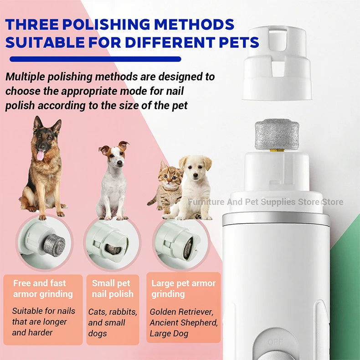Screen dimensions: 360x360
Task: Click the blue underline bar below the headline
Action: [x=95, y=59]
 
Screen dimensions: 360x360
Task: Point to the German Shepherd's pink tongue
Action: [x=40, y=155]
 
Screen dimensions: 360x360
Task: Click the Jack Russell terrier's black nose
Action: [x=119, y=163]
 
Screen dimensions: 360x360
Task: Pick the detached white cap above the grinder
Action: [x=277, y=63]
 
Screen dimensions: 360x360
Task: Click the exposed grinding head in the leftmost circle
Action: [x=54, y=245]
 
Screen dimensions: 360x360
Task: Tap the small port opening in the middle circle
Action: [x=113, y=249]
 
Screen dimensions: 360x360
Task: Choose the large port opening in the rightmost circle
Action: [x=188, y=248]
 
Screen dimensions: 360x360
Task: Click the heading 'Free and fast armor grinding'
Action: [x=43, y=288]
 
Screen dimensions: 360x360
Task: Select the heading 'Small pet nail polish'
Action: [x=113, y=288]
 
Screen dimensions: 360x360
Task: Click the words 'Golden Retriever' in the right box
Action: [x=181, y=312]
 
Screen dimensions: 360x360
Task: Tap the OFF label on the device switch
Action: [x=275, y=342]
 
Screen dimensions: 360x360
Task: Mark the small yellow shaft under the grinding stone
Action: [x=277, y=151]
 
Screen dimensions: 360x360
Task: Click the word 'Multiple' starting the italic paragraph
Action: [x=26, y=77]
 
